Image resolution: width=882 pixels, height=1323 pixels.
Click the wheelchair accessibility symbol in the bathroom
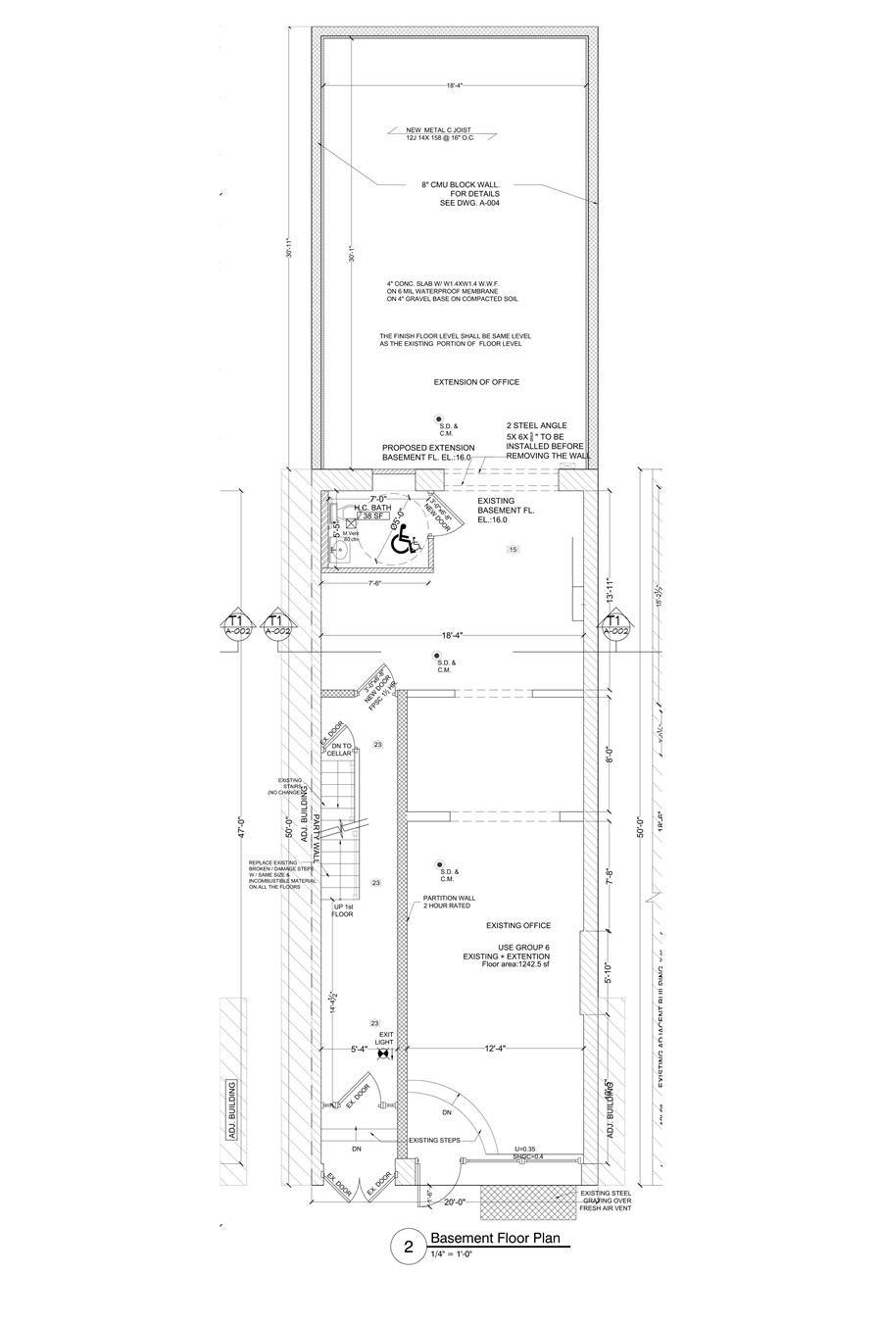pos(403,539)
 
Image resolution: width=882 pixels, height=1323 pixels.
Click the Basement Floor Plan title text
pos(495,1239)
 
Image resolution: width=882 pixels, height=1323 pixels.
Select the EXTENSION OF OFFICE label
pos(476,382)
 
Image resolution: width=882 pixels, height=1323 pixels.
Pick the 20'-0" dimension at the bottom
pos(455,1201)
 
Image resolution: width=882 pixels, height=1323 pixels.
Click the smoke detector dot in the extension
pos(442,420)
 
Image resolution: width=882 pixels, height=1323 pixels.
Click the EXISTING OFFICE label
pos(518,925)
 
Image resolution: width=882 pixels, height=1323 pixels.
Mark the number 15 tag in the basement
pos(513,550)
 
